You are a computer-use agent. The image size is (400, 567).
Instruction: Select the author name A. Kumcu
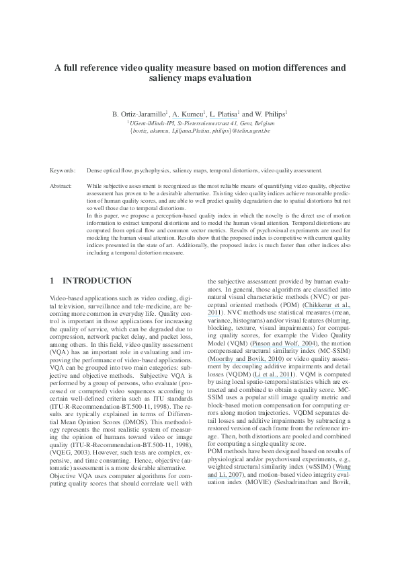coord(188,114)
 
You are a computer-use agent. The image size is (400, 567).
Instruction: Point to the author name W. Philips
coord(268,114)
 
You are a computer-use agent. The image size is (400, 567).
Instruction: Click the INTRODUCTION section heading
coord(97,280)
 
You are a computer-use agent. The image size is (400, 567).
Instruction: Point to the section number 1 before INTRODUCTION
coord(53,280)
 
